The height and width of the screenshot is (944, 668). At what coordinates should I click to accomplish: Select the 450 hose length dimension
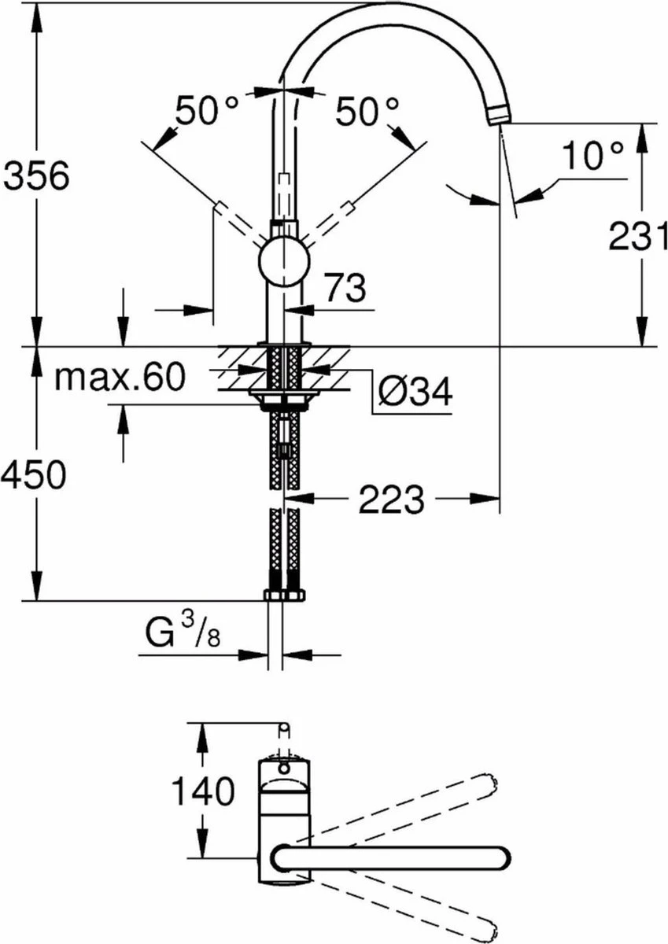point(33,475)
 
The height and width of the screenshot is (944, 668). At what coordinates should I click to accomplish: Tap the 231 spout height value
point(637,235)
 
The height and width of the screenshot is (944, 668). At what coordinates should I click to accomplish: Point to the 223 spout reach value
point(391,498)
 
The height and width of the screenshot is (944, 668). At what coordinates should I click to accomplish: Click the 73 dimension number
point(344,289)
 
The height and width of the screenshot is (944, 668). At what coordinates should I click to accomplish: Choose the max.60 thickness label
point(120,378)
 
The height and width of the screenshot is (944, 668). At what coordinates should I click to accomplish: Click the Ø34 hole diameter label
point(414,391)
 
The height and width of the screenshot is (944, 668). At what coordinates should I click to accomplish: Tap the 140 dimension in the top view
point(202,791)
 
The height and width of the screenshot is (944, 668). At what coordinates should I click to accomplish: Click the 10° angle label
point(592,157)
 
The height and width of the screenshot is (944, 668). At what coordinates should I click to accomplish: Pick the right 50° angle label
point(367,111)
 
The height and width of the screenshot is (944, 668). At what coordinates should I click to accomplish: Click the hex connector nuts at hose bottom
point(283,595)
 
